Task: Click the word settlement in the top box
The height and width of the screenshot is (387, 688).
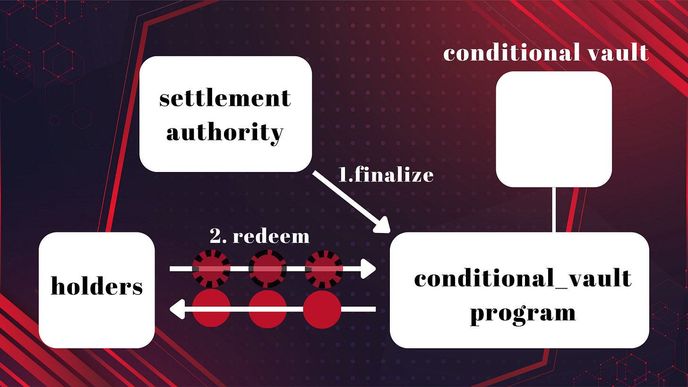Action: point(225,99)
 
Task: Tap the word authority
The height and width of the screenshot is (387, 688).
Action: point(225,133)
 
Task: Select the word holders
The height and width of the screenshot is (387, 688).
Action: point(96,287)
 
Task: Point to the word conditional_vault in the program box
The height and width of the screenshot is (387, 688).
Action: point(523,278)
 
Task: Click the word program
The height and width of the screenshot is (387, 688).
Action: point(523,312)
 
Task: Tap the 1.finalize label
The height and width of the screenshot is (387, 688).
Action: point(386,175)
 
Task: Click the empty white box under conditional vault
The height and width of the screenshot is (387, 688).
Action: point(554,129)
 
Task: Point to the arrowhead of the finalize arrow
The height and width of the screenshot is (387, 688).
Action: point(383,226)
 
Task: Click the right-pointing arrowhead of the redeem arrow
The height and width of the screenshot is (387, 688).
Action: point(369,269)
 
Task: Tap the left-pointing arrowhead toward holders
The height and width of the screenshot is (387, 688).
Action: point(177,310)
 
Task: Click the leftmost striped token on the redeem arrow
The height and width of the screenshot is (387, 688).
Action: point(211,269)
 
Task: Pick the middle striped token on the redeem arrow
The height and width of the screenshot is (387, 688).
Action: point(267,269)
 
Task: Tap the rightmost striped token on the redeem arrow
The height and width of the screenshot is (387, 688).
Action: point(324,269)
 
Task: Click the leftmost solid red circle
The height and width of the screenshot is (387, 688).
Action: point(211,310)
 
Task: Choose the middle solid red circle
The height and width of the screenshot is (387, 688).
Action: point(267,310)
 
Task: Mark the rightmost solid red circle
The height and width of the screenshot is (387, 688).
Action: point(322,310)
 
